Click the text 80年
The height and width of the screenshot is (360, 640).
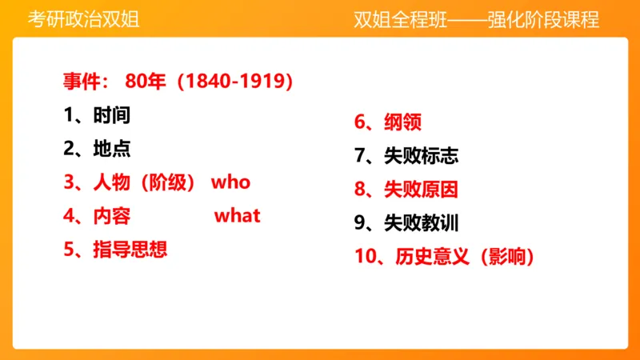(146, 81)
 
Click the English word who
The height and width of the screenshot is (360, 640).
(230, 182)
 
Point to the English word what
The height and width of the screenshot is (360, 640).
(238, 215)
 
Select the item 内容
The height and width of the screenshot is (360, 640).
(111, 215)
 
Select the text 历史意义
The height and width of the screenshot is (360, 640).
(433, 257)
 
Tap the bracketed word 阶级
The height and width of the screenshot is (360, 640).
(169, 182)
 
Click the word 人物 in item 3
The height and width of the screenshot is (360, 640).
(111, 182)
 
